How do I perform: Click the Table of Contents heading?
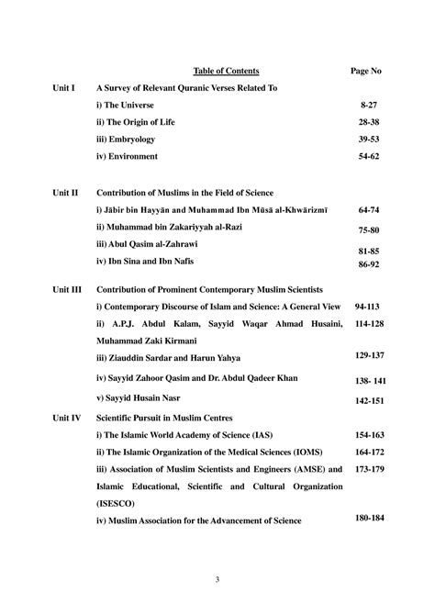coord(226,71)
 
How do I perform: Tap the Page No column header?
coord(366,71)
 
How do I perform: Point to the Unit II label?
coord(65,194)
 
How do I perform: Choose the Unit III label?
coord(67,288)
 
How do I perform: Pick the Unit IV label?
coord(66,417)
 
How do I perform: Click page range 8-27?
coord(369,106)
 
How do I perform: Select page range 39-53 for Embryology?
coord(369,139)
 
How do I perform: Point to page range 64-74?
coord(369,210)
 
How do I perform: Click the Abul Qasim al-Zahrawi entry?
coord(146,244)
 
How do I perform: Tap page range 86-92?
coord(369,263)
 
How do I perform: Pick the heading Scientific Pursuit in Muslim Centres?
coord(164,417)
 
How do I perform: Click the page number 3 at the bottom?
coord(217,578)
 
